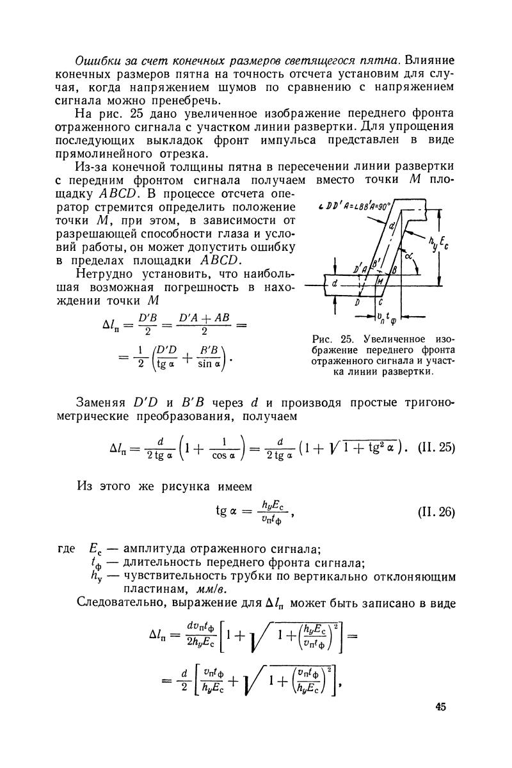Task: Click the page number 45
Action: [440, 707]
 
